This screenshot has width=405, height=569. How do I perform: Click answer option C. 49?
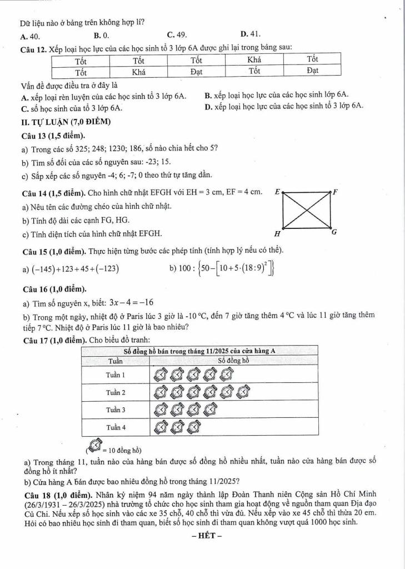click(x=176, y=34)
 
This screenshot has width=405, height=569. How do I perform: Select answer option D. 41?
click(x=251, y=33)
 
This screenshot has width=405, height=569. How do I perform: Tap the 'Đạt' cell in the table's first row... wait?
click(x=196, y=71)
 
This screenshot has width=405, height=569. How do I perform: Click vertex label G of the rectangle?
click(x=334, y=232)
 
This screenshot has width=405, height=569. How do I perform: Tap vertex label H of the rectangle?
click(x=277, y=233)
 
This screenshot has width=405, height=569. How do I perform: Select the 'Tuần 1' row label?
click(x=116, y=375)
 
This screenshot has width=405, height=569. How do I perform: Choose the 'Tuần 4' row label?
click(x=116, y=427)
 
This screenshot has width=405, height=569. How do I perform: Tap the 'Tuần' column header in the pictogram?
click(x=116, y=360)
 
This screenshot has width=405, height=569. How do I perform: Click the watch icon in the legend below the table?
click(x=94, y=446)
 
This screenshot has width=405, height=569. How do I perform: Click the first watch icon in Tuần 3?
click(x=160, y=411)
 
